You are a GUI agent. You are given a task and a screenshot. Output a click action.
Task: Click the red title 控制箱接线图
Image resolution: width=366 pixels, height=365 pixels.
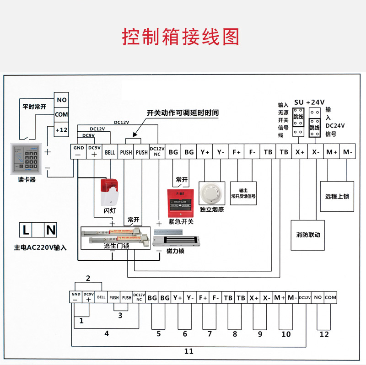point(181,37)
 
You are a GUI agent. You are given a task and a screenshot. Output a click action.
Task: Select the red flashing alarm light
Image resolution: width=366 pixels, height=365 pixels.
point(109,192)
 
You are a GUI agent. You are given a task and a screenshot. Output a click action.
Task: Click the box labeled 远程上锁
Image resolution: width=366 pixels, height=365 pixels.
point(337,196)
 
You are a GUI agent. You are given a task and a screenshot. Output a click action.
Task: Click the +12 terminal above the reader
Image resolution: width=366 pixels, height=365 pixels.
point(61,130)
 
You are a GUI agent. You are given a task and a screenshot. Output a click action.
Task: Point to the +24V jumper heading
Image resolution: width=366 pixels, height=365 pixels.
point(315,102)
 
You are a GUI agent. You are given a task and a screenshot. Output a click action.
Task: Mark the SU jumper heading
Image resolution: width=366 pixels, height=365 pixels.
point(299,102)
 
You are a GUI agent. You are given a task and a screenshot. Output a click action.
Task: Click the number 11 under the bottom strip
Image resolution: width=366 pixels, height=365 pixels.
point(188,351)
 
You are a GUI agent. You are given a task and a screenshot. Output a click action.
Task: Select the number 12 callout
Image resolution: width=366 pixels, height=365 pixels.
point(324,334)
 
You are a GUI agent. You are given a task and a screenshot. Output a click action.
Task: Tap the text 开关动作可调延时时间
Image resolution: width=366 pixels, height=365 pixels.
point(183,113)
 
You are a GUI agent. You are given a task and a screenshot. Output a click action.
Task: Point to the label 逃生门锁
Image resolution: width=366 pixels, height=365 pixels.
point(117,246)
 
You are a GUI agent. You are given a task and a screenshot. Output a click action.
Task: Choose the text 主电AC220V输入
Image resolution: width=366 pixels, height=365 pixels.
point(40,247)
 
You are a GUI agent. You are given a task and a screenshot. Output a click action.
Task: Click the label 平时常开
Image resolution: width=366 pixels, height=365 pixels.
point(34,107)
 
